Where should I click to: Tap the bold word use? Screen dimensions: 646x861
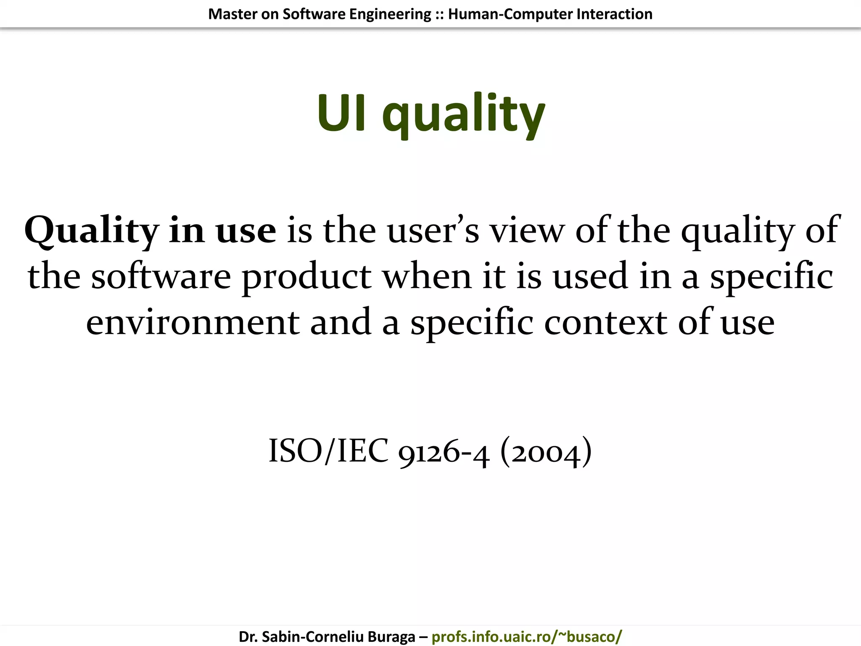[x=246, y=231]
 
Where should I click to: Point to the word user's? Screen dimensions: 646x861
[x=433, y=231]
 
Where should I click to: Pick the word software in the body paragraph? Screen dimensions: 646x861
[x=161, y=277]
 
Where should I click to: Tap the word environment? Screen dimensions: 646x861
[x=193, y=323]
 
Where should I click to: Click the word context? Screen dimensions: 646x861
[x=606, y=323]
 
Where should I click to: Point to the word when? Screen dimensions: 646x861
[x=427, y=277]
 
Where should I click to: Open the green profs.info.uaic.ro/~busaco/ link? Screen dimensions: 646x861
[x=526, y=637]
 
